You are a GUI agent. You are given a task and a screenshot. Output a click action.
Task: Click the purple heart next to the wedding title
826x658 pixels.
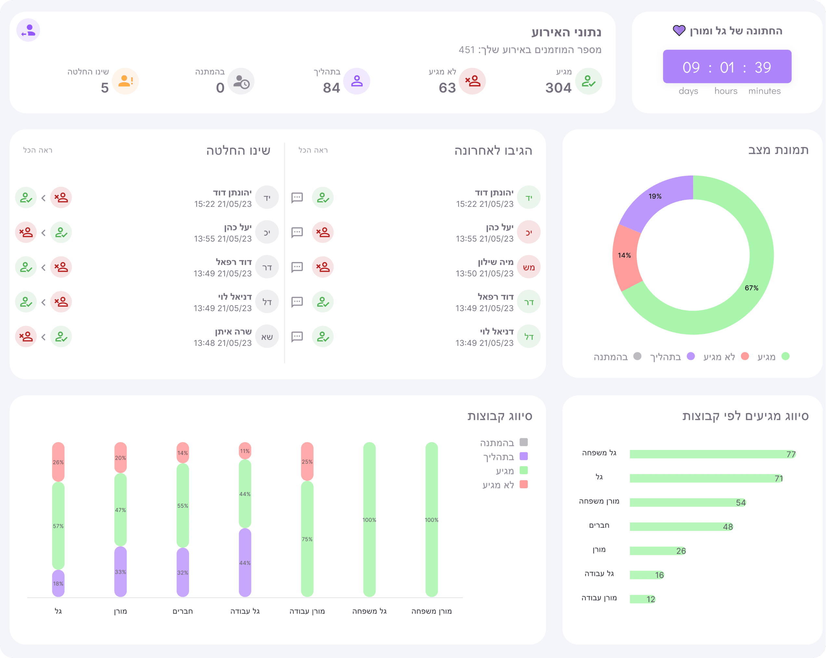tap(679, 30)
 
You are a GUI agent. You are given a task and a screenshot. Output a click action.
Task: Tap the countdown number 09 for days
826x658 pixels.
tap(691, 68)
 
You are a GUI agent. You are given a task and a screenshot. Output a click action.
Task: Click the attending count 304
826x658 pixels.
tap(558, 88)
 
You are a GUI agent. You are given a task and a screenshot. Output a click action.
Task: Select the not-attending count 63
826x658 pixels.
tap(447, 88)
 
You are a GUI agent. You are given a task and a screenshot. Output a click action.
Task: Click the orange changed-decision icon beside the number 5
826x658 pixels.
tap(125, 81)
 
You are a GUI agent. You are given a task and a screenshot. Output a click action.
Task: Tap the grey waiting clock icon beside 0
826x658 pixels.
tap(241, 81)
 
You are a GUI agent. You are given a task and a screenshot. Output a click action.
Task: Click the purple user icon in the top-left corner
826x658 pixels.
tap(28, 30)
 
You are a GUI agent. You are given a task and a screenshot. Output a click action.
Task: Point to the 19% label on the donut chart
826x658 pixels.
tap(655, 196)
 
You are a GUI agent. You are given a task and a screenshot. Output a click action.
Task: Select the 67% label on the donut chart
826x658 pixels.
tap(751, 288)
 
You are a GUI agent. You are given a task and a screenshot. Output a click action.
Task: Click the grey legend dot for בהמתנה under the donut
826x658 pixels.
tap(638, 356)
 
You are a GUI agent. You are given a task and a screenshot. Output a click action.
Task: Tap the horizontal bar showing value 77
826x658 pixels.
tap(713, 454)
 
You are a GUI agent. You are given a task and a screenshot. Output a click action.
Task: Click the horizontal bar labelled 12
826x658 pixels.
tap(642, 599)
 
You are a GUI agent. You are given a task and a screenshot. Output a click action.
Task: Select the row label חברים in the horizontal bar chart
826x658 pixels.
tap(599, 525)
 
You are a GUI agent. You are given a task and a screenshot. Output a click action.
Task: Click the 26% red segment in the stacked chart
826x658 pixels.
tap(58, 462)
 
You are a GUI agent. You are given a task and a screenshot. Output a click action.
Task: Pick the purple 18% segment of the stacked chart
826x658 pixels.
tap(58, 583)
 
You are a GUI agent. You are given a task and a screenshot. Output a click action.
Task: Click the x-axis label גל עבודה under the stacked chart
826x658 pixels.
tap(245, 611)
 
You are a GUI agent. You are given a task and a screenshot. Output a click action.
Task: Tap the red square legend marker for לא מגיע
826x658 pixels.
tap(524, 484)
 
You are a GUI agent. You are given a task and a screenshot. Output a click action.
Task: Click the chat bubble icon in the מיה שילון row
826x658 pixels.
tap(297, 267)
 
